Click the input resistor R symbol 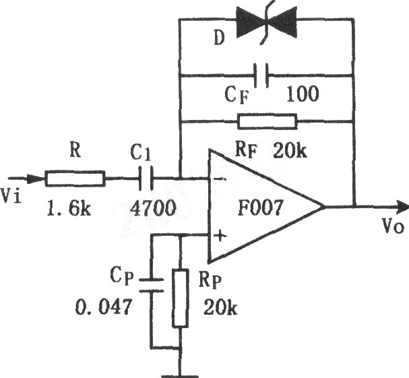point(75,179)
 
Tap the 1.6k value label point(69,209)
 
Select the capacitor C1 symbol point(146,179)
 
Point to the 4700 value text point(154,209)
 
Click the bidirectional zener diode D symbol point(266,22)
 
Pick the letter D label point(219,38)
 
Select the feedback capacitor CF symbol point(261,75)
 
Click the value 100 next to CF point(303,94)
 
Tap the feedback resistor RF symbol point(267,121)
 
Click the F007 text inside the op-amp point(260,208)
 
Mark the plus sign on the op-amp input point(221,236)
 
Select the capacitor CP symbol point(152,286)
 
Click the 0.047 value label point(103,307)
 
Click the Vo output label point(393,226)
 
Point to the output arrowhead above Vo point(402,207)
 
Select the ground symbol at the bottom point(180,376)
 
